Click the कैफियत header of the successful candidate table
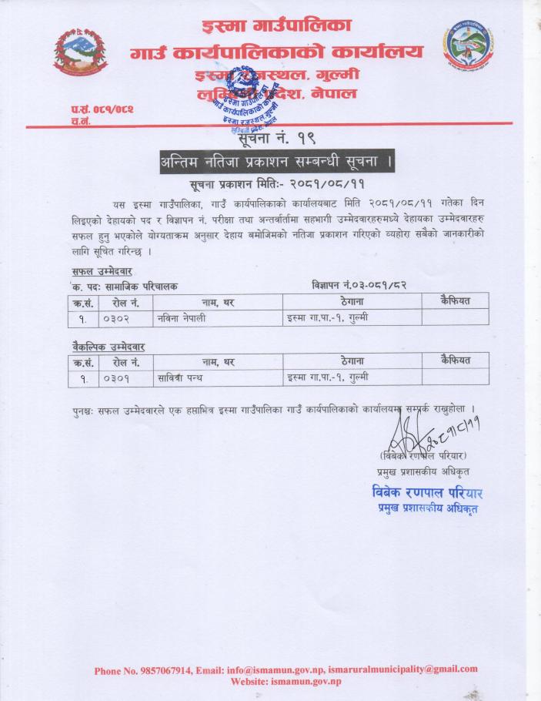456,300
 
